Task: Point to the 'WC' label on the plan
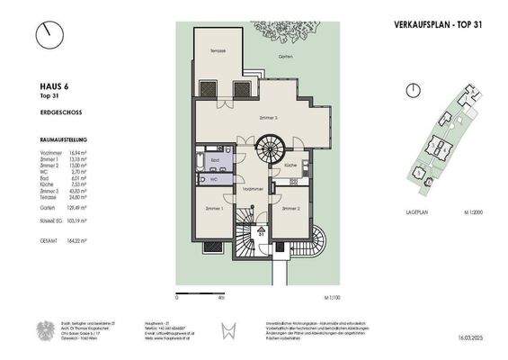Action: click(213, 178)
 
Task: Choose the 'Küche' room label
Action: click(290, 166)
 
